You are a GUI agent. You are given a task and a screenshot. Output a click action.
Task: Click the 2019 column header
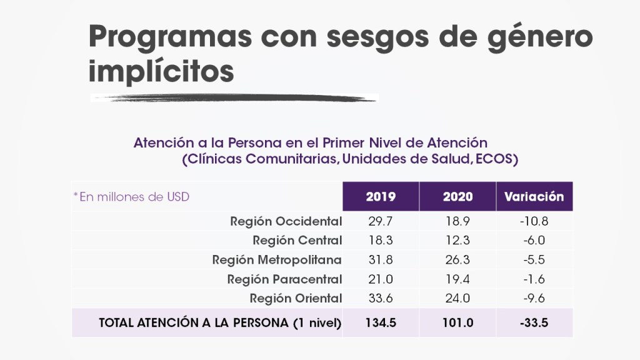pyautogui.click(x=381, y=197)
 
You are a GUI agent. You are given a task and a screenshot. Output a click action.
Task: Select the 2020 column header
pyautogui.click(x=457, y=197)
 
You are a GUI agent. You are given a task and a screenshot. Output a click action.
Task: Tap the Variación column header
pyautogui.click(x=534, y=197)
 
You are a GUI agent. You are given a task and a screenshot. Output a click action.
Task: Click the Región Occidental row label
pyautogui.click(x=286, y=221)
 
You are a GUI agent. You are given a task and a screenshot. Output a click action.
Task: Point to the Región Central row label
pyautogui.click(x=297, y=241)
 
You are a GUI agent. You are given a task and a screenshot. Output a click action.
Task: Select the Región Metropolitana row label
pyautogui.click(x=277, y=260)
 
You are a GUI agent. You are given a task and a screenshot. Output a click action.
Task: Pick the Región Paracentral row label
pyautogui.click(x=284, y=279)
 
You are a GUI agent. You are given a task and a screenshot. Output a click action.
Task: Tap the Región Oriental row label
pyautogui.click(x=296, y=298)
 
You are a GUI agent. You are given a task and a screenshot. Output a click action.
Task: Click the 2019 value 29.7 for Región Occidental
pyautogui.click(x=381, y=221)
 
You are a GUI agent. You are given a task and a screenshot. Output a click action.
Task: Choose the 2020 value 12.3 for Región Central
pyautogui.click(x=457, y=241)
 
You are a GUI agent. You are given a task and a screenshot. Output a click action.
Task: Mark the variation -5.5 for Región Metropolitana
pyautogui.click(x=534, y=260)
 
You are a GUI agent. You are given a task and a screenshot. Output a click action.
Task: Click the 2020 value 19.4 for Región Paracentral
pyautogui.click(x=457, y=279)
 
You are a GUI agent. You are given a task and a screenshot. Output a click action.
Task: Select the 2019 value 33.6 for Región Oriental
pyautogui.click(x=381, y=298)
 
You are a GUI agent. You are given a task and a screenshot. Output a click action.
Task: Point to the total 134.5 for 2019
pyautogui.click(x=381, y=323)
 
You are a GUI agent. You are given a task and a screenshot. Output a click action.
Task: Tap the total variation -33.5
pyautogui.click(x=534, y=323)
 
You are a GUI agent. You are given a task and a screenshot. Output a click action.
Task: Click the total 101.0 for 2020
pyautogui.click(x=457, y=323)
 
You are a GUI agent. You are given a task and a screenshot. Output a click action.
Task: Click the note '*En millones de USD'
pyautogui.click(x=131, y=197)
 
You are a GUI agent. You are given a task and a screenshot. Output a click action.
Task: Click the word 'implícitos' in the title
pyautogui.click(x=161, y=71)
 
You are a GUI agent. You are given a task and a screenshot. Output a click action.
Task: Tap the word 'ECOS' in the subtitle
pyautogui.click(x=496, y=159)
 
